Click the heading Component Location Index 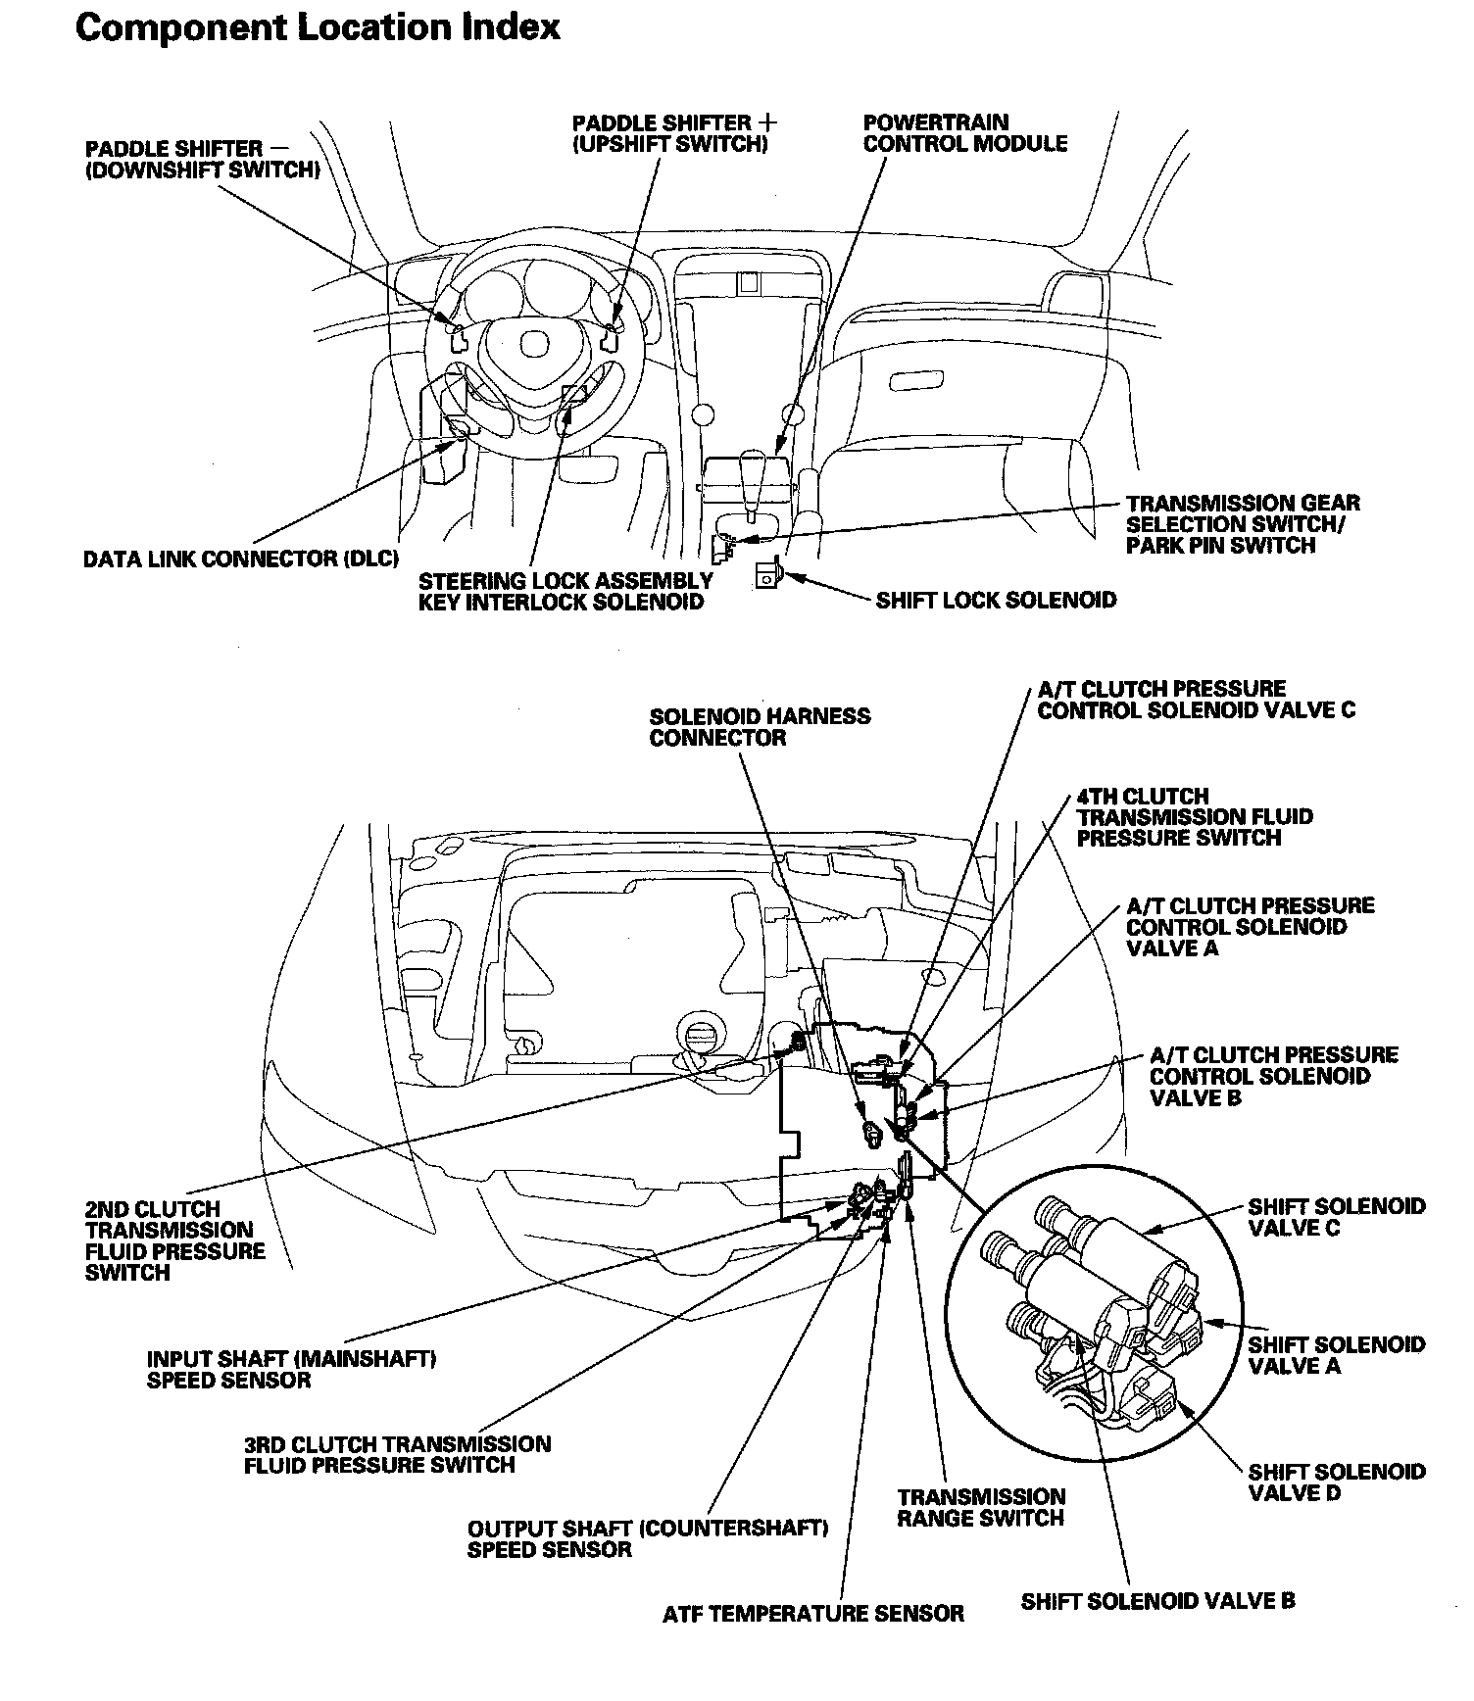pyautogui.click(x=318, y=28)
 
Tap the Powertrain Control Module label pyautogui.click(x=964, y=133)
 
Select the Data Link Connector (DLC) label pyautogui.click(x=241, y=559)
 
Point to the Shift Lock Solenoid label pyautogui.click(x=996, y=600)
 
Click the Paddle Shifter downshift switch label pyautogui.click(x=203, y=159)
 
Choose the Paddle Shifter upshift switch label pyautogui.click(x=676, y=133)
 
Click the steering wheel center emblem pyautogui.click(x=533, y=344)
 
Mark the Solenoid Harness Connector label pyautogui.click(x=760, y=726)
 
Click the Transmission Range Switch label pyautogui.click(x=980, y=1508)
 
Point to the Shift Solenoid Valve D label pyautogui.click(x=1337, y=1482)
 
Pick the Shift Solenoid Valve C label pyautogui.click(x=1337, y=1217)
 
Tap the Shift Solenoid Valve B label pyautogui.click(x=1157, y=1601)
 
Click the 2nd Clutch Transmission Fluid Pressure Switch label pyautogui.click(x=175, y=1240)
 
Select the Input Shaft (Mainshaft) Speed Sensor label pyautogui.click(x=291, y=1370)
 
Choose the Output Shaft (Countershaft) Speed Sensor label pyautogui.click(x=648, y=1539)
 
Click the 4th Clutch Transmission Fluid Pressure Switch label pyautogui.click(x=1194, y=816)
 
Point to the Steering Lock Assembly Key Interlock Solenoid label pyautogui.click(x=565, y=591)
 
